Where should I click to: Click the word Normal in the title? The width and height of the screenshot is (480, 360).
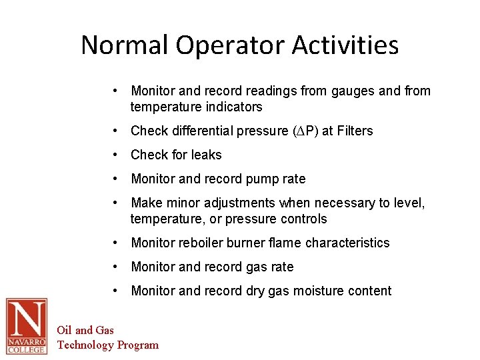click(x=125, y=45)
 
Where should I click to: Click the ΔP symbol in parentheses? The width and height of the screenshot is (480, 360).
click(x=308, y=131)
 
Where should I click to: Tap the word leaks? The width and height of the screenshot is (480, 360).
click(x=205, y=155)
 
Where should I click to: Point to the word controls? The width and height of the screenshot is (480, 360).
click(x=304, y=219)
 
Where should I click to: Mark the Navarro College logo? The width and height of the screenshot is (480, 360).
click(x=27, y=326)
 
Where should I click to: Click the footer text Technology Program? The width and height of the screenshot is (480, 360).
click(x=108, y=345)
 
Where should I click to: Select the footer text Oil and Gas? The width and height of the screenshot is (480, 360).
click(x=85, y=330)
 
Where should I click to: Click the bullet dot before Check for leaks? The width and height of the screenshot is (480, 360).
click(x=116, y=155)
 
